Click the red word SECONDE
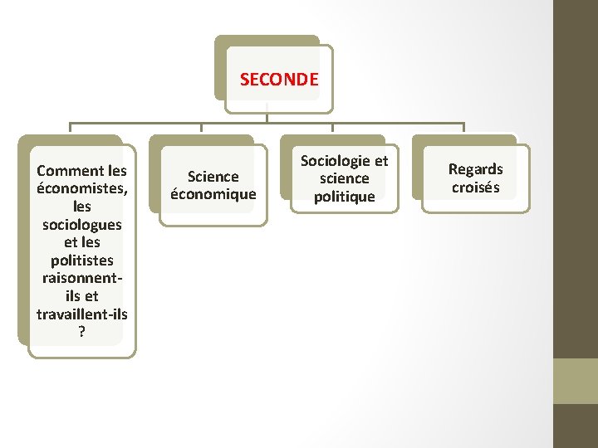click(279, 80)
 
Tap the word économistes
click(81, 187)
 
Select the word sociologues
click(81, 225)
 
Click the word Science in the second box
click(213, 176)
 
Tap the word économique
click(213, 194)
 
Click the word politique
click(344, 197)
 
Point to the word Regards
click(476, 169)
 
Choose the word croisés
click(476, 187)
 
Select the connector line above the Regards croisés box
click(464, 129)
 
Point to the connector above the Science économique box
click(202, 129)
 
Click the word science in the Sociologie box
click(344, 178)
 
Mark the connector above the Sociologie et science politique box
click(333, 129)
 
